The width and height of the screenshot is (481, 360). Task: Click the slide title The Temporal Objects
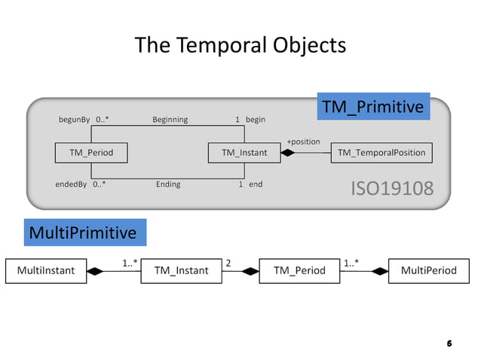pyautogui.click(x=240, y=46)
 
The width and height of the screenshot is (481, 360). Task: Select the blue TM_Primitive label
pyautogui.click(x=373, y=108)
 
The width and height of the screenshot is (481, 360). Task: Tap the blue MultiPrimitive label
pyautogui.click(x=82, y=233)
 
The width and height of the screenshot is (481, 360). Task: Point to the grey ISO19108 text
pyautogui.click(x=393, y=188)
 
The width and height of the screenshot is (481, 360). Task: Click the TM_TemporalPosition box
pyautogui.click(x=381, y=153)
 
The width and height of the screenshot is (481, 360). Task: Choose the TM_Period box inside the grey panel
pyautogui.click(x=91, y=153)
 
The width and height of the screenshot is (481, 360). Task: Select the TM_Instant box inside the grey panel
pyautogui.click(x=244, y=153)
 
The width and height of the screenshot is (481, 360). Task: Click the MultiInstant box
pyautogui.click(x=46, y=270)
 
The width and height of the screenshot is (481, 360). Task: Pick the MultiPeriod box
pyautogui.click(x=428, y=270)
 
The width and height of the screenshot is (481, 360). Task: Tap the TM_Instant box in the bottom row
pyautogui.click(x=181, y=270)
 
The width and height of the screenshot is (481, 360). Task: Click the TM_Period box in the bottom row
pyautogui.click(x=299, y=270)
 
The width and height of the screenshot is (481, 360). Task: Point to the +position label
pyautogui.click(x=303, y=142)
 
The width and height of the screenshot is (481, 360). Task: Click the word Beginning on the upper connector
pyautogui.click(x=170, y=120)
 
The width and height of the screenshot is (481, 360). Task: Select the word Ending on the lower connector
pyautogui.click(x=168, y=185)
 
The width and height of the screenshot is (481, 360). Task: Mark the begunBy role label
pyautogui.click(x=74, y=120)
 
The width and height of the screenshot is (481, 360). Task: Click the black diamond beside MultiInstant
pyautogui.click(x=95, y=270)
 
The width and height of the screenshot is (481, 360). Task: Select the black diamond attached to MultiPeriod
pyautogui.click(x=379, y=270)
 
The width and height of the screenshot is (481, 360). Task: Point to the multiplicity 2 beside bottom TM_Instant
pyautogui.click(x=228, y=263)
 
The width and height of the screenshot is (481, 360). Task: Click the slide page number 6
pyautogui.click(x=449, y=343)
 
